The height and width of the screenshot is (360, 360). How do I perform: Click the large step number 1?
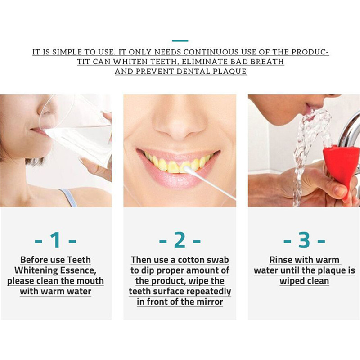56,240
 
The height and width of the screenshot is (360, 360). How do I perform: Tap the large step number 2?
180,240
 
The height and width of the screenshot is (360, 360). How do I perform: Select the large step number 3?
304,240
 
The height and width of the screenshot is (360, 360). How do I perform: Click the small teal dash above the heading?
180,41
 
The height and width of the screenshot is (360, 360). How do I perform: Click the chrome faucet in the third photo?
348,129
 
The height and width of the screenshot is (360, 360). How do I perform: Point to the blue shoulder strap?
69,198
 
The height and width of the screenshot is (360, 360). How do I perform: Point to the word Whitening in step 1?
36,270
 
